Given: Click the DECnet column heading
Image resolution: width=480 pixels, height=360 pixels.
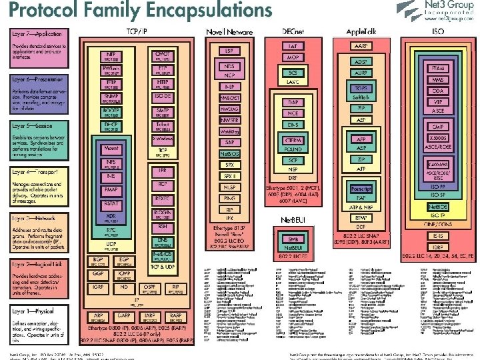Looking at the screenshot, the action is pyautogui.click(x=292, y=31).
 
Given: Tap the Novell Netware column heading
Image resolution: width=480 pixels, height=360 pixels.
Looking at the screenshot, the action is pyautogui.click(x=229, y=31).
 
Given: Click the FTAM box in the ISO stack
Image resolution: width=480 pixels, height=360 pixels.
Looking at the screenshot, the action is pyautogui.click(x=437, y=69).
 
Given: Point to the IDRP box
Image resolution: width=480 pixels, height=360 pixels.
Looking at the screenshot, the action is pyautogui.click(x=437, y=246).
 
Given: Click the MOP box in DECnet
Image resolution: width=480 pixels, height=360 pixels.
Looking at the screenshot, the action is pyautogui.click(x=292, y=58).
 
